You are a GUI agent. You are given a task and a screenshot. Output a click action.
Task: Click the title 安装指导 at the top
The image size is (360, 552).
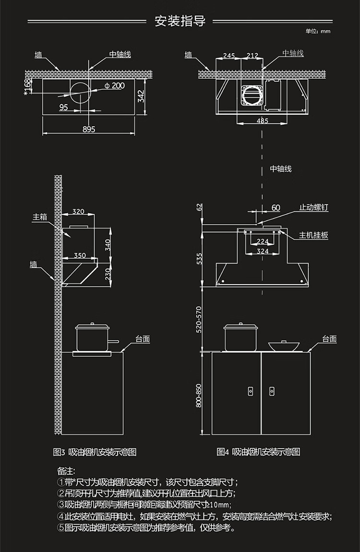pyautogui.click(x=180, y=21)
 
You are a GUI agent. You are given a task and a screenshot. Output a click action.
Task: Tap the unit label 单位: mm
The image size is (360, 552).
pyautogui.click(x=318, y=31)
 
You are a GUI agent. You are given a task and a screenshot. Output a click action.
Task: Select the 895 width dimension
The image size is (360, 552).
pyautogui.click(x=89, y=129)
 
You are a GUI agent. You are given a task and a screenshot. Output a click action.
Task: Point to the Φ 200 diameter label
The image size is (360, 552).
pyautogui.click(x=114, y=85)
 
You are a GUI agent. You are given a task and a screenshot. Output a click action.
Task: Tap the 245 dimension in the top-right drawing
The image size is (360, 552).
pyautogui.click(x=229, y=56)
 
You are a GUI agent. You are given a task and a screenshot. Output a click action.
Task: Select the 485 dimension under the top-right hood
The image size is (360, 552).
pyautogui.click(x=262, y=120)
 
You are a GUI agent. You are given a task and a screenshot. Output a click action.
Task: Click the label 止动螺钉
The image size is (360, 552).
pyautogui.click(x=314, y=207)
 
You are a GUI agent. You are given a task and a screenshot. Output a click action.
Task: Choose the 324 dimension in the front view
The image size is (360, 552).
pyautogui.click(x=263, y=251)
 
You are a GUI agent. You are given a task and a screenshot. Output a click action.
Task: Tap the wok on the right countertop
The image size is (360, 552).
pyautogui.click(x=282, y=346)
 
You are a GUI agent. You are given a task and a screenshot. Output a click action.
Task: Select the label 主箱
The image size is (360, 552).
pyautogui.click(x=40, y=217)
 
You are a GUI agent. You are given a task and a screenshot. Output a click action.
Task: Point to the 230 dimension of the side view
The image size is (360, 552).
pyautogui.click(x=108, y=274)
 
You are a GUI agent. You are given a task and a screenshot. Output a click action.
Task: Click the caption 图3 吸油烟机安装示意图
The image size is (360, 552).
pyautogui.click(x=95, y=452)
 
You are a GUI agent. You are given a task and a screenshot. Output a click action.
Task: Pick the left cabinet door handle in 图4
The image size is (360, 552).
pyautogui.click(x=251, y=391)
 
